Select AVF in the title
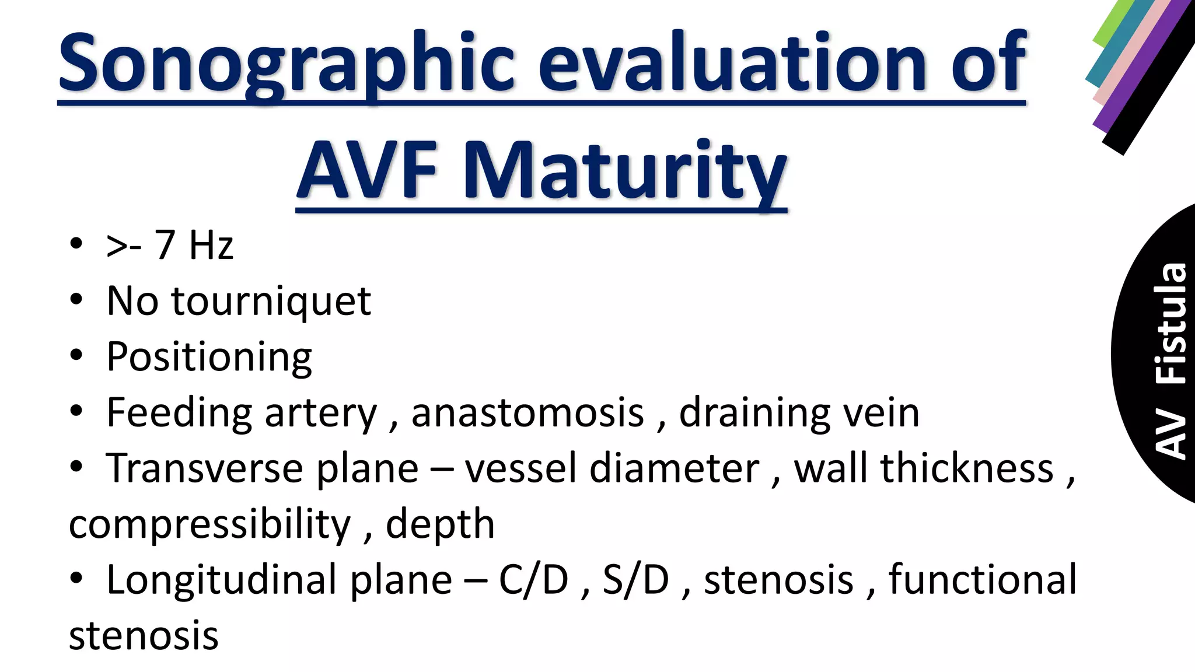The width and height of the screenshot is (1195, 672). pyautogui.click(x=368, y=171)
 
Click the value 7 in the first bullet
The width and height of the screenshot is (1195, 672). pyautogui.click(x=165, y=245)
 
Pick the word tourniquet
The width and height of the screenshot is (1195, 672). pyautogui.click(x=271, y=302)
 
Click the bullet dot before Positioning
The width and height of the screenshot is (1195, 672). pyautogui.click(x=76, y=355)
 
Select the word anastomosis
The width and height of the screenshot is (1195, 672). pyautogui.click(x=527, y=413)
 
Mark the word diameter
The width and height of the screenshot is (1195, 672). pyautogui.click(x=674, y=468)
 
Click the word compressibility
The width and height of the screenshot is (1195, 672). pyautogui.click(x=210, y=524)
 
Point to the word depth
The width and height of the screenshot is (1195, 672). pyautogui.click(x=440, y=524)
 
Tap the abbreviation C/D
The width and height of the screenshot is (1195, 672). pyautogui.click(x=533, y=580)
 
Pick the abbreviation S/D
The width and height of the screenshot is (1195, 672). pyautogui.click(x=635, y=580)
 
